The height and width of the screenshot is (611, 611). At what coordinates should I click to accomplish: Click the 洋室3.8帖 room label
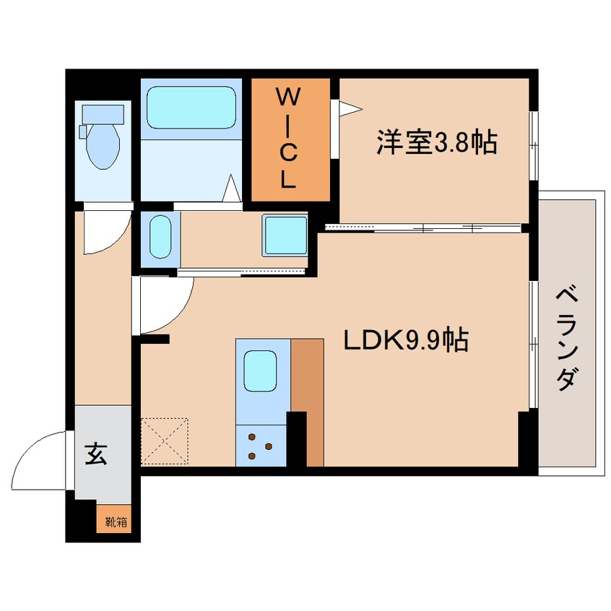tap(435, 142)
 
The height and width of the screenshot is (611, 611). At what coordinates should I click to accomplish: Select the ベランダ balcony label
tap(569, 337)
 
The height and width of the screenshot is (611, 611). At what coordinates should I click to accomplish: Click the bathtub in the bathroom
tap(191, 108)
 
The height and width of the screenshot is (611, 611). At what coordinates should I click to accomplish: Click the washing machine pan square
tap(285, 235)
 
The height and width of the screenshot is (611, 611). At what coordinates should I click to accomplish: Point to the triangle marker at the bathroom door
tap(230, 189)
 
